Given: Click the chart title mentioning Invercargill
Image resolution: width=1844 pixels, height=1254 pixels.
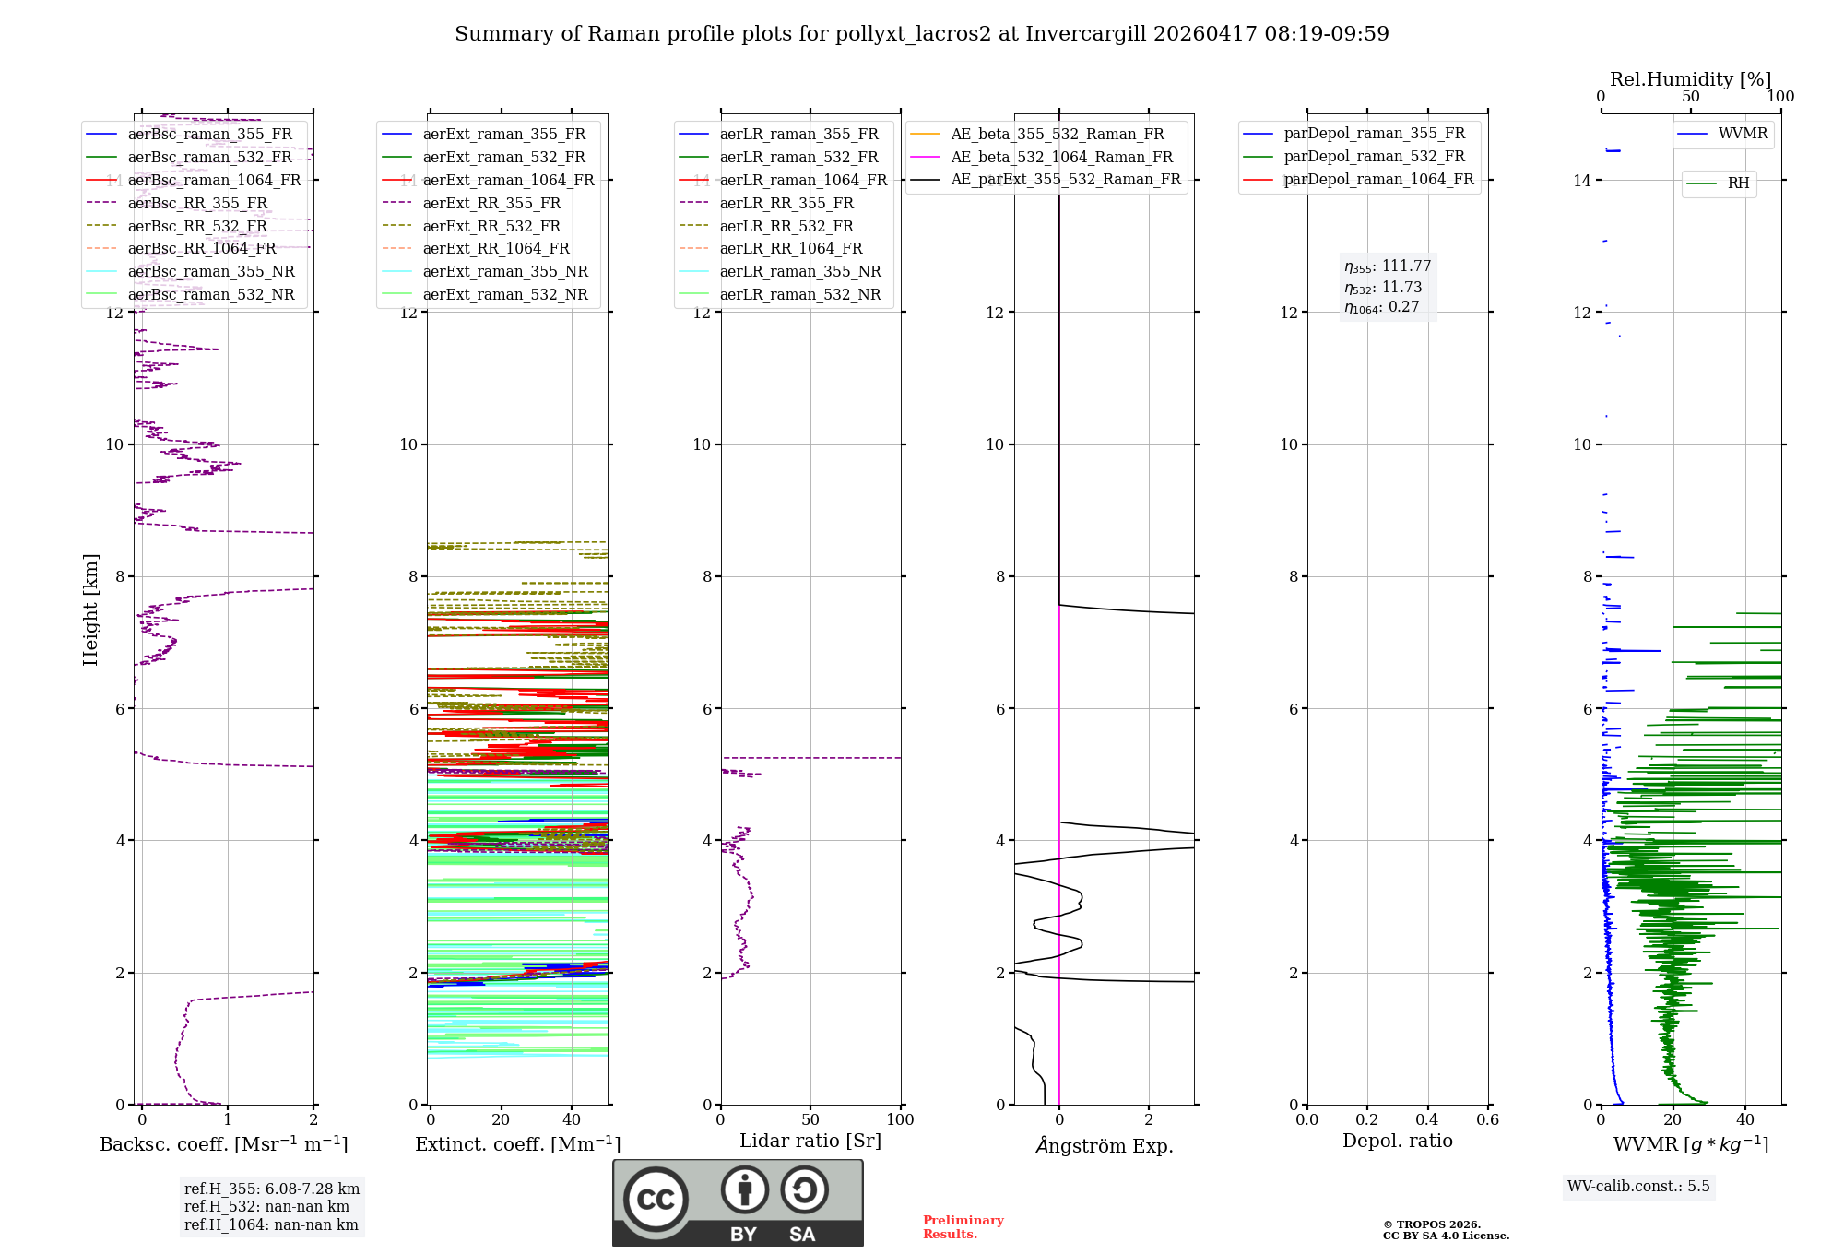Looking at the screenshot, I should click(x=921, y=34).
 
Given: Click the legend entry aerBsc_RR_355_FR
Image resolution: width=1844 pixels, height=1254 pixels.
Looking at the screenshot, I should click(x=197, y=203).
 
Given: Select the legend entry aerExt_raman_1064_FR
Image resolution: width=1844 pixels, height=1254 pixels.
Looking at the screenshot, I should click(x=508, y=181).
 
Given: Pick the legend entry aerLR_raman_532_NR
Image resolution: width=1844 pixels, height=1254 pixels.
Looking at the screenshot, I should click(x=799, y=295).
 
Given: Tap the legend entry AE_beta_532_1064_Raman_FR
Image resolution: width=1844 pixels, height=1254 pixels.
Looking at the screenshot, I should click(x=1061, y=158).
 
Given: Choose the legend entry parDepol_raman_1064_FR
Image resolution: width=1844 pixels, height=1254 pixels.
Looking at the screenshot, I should click(x=1378, y=180).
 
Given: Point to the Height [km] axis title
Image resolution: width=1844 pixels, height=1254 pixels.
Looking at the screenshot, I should click(x=90, y=609).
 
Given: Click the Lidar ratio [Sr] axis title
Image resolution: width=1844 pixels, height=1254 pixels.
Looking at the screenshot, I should click(x=810, y=1142).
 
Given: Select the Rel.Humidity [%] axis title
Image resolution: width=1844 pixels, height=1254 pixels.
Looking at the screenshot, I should click(x=1690, y=79).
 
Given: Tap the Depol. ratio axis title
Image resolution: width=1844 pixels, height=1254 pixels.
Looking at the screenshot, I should click(x=1397, y=1142).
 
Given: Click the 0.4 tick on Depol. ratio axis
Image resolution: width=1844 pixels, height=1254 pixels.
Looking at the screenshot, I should click(x=1427, y=1120).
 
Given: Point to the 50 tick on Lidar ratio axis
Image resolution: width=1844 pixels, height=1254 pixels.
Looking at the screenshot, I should click(x=810, y=1120).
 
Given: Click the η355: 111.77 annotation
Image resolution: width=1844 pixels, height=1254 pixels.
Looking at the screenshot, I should click(x=1388, y=266).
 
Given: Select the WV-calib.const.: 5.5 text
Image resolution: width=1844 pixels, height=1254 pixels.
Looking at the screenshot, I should click(x=1638, y=1187).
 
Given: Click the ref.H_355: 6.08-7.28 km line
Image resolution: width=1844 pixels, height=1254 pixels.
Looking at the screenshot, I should click(x=272, y=1189).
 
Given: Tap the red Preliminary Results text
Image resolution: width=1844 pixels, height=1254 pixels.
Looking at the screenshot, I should click(x=963, y=1227).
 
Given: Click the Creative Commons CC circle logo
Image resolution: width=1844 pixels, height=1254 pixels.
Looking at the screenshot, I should click(x=656, y=1200).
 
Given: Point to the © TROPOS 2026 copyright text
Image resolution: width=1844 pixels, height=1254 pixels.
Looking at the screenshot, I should click(x=1431, y=1225).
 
